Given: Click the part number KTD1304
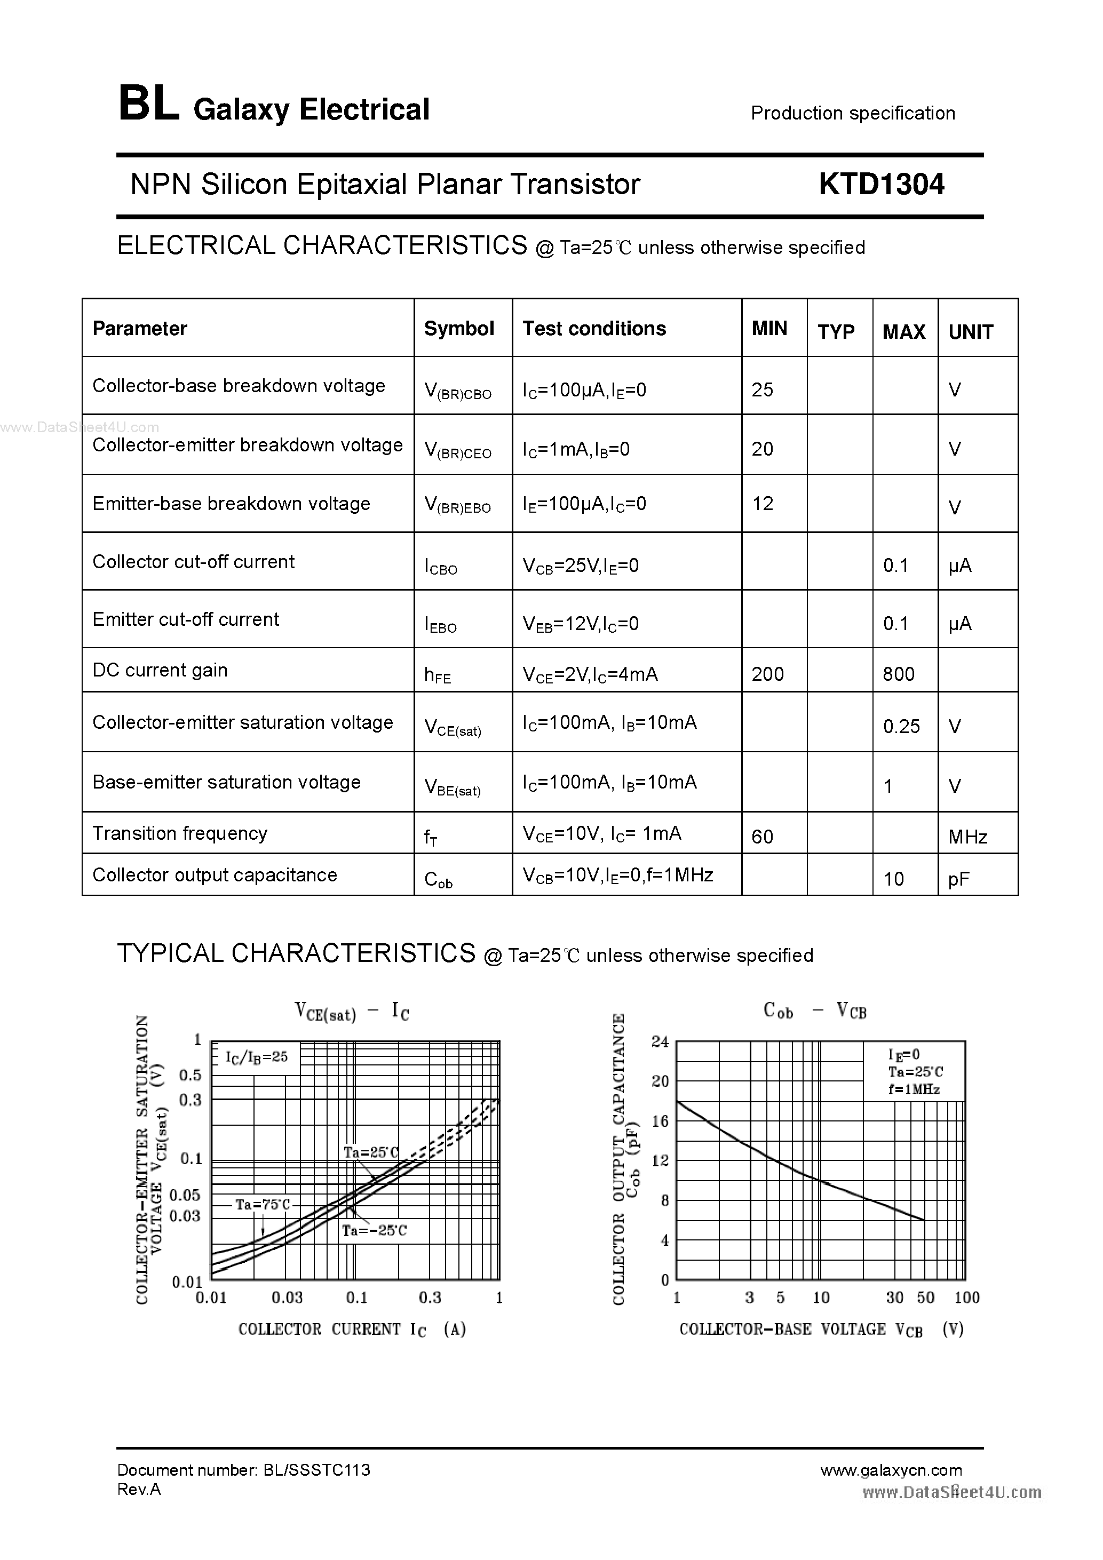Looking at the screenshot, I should pos(881,184).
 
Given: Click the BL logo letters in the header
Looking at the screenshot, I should pos(149,105).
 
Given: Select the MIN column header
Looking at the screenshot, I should pos(769,329).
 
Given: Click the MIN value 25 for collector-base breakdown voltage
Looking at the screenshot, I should pos(763,390).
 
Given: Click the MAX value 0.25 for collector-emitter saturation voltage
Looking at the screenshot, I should pos(901,727).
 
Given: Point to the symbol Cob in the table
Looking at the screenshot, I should pos(438,880).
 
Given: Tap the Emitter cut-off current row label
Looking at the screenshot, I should pos(186,619).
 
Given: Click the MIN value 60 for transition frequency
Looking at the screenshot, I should pos(763,837).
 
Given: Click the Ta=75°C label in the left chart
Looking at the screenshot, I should pos(263,1205).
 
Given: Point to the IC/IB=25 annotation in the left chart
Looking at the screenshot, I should pos(256,1057).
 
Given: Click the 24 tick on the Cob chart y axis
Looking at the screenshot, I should pos(661,1041).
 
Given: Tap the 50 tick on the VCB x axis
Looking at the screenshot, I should pos(926,1298).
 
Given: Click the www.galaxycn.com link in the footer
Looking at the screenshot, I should pos(891,1470).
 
